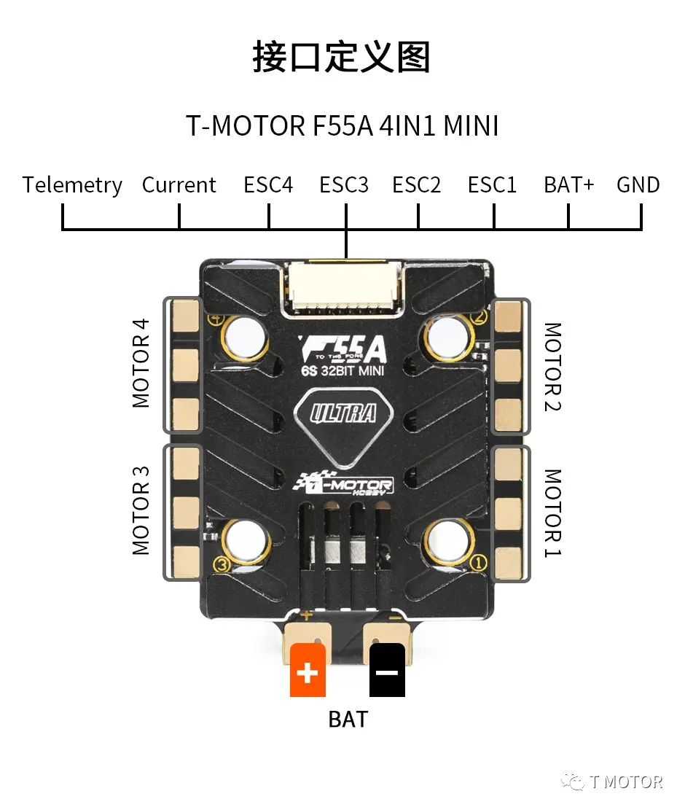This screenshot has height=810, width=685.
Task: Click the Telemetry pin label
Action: pos(72,185)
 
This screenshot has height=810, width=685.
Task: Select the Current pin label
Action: pos(179,185)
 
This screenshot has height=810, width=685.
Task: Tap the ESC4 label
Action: pos(268,185)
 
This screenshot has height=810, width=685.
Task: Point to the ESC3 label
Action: pos(344,185)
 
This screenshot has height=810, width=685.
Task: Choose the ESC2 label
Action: pos(417,185)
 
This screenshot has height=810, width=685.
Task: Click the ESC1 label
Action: pos(493,185)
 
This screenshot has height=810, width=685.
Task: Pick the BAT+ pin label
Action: pos(569,185)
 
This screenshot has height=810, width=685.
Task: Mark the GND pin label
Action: pos(638,185)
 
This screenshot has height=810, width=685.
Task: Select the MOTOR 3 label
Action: pos(141,510)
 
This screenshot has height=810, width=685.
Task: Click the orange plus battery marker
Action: pos(308,671)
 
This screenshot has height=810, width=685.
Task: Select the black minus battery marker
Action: pos(387,671)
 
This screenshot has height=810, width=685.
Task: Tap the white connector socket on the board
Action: pos(343,287)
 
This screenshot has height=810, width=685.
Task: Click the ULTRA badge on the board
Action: pos(343,414)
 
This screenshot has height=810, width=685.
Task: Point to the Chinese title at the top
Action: pos(342,58)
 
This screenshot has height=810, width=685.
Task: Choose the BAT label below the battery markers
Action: pos(348,719)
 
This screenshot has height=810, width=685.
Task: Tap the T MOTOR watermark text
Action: pos(625,782)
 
